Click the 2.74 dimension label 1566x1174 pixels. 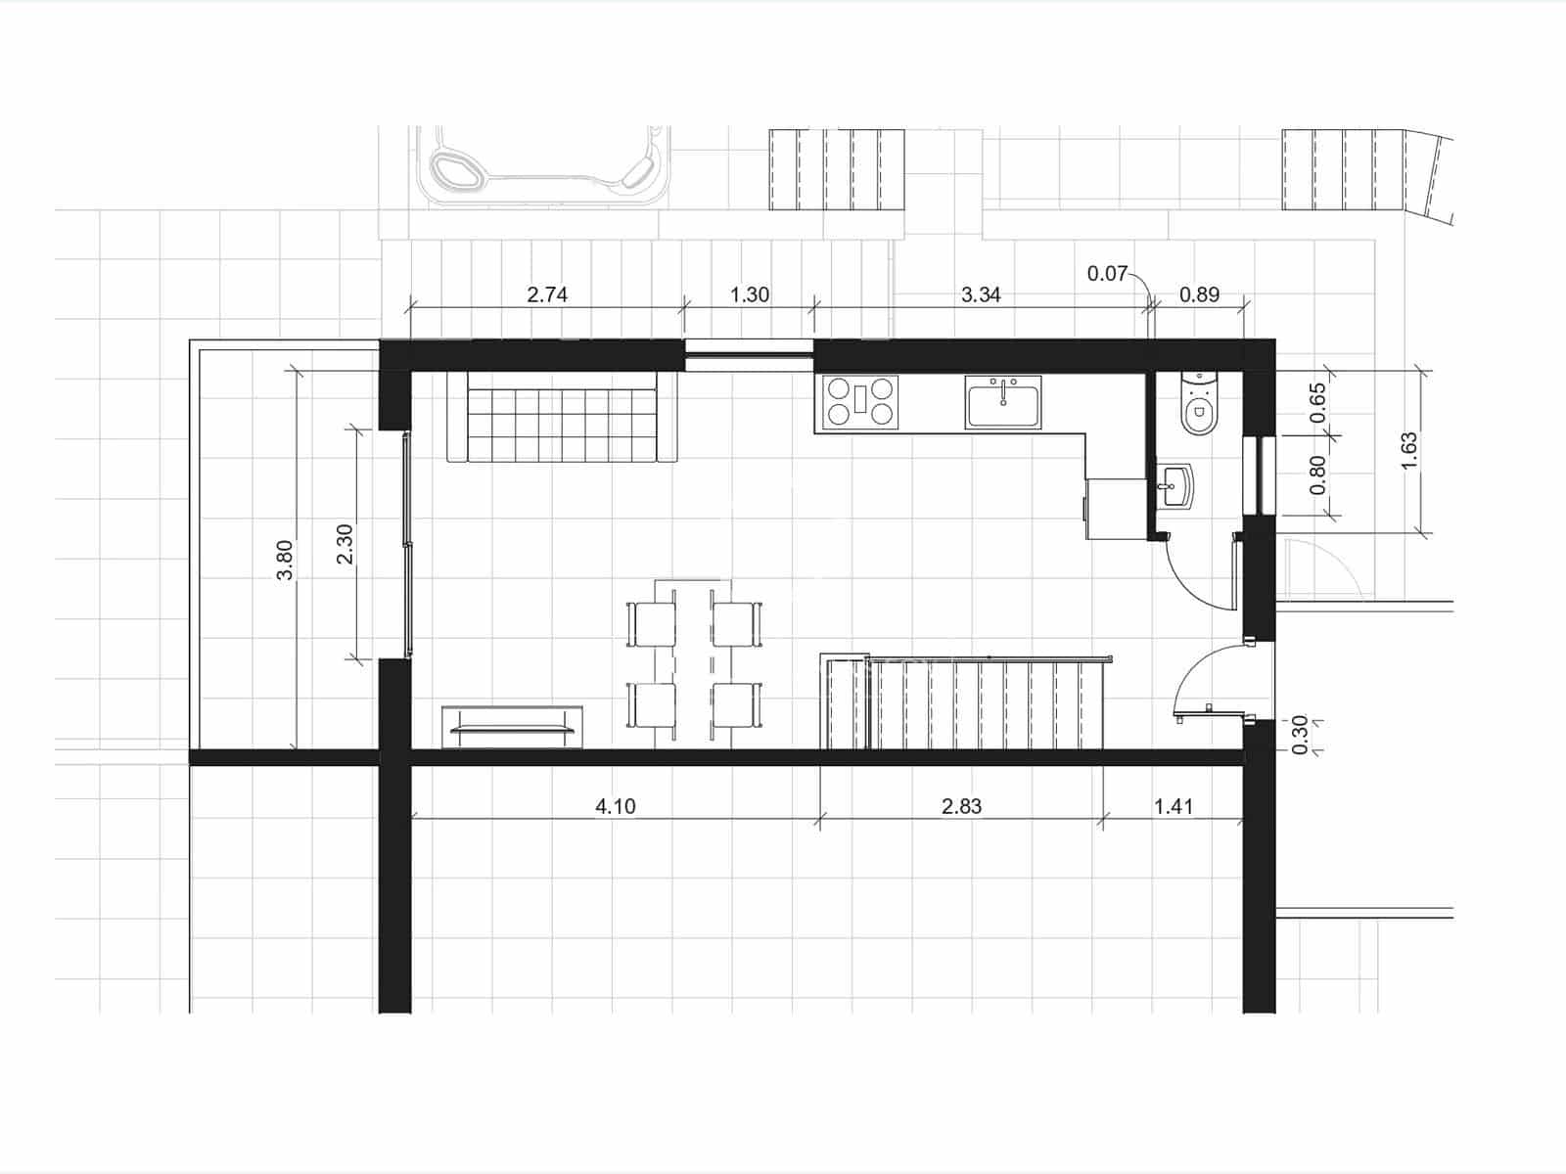click(x=547, y=294)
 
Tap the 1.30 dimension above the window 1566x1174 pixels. click(x=750, y=294)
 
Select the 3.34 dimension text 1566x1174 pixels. click(x=981, y=294)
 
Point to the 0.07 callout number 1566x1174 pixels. click(x=1107, y=274)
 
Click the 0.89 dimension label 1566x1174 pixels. click(x=1199, y=294)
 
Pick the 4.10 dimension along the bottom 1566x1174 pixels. click(x=616, y=806)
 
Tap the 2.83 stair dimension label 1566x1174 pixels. click(x=961, y=806)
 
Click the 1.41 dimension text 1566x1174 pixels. click(x=1174, y=806)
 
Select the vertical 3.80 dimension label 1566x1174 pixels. click(x=285, y=560)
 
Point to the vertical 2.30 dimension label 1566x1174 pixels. click(x=344, y=544)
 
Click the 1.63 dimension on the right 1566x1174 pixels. click(x=1409, y=451)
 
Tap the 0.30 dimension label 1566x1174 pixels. click(x=1300, y=735)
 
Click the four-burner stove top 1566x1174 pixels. click(x=860, y=401)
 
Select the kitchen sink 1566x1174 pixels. click(x=1003, y=401)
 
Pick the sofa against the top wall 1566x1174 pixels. click(x=563, y=418)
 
